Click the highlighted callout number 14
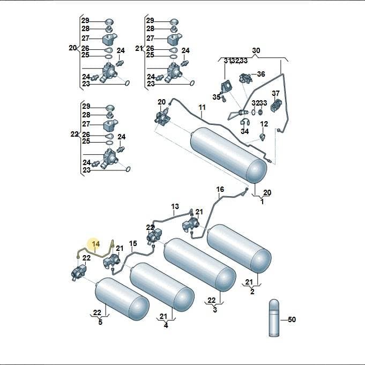click(x=96, y=244)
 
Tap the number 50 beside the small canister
click(x=292, y=319)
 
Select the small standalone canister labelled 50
click(x=274, y=318)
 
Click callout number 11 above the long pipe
click(x=202, y=107)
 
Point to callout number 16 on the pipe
click(x=220, y=189)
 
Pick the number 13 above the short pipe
click(x=175, y=206)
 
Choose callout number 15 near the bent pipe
click(x=133, y=243)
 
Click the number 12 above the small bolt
click(x=264, y=124)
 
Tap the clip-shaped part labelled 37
click(x=276, y=105)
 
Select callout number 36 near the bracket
click(x=261, y=74)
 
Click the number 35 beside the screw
click(x=217, y=97)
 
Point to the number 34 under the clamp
click(x=244, y=131)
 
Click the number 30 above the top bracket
click(x=256, y=50)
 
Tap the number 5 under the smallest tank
click(x=100, y=323)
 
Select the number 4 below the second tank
click(x=166, y=325)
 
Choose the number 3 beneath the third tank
click(x=215, y=310)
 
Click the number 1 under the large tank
click(x=262, y=202)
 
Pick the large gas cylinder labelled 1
click(x=228, y=155)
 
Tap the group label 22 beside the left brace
click(x=75, y=135)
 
